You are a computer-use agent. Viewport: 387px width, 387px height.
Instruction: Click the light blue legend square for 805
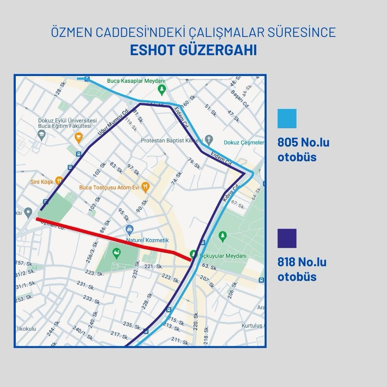(x=287, y=119)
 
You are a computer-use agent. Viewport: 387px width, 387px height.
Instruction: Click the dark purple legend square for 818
(x=287, y=238)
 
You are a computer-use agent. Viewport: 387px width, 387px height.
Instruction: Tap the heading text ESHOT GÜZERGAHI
(x=193, y=50)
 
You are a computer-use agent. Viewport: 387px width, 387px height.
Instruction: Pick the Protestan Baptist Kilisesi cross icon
(x=210, y=139)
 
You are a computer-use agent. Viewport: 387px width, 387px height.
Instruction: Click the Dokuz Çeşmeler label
(x=244, y=143)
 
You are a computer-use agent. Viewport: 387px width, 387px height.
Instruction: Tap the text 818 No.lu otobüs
(x=302, y=269)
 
